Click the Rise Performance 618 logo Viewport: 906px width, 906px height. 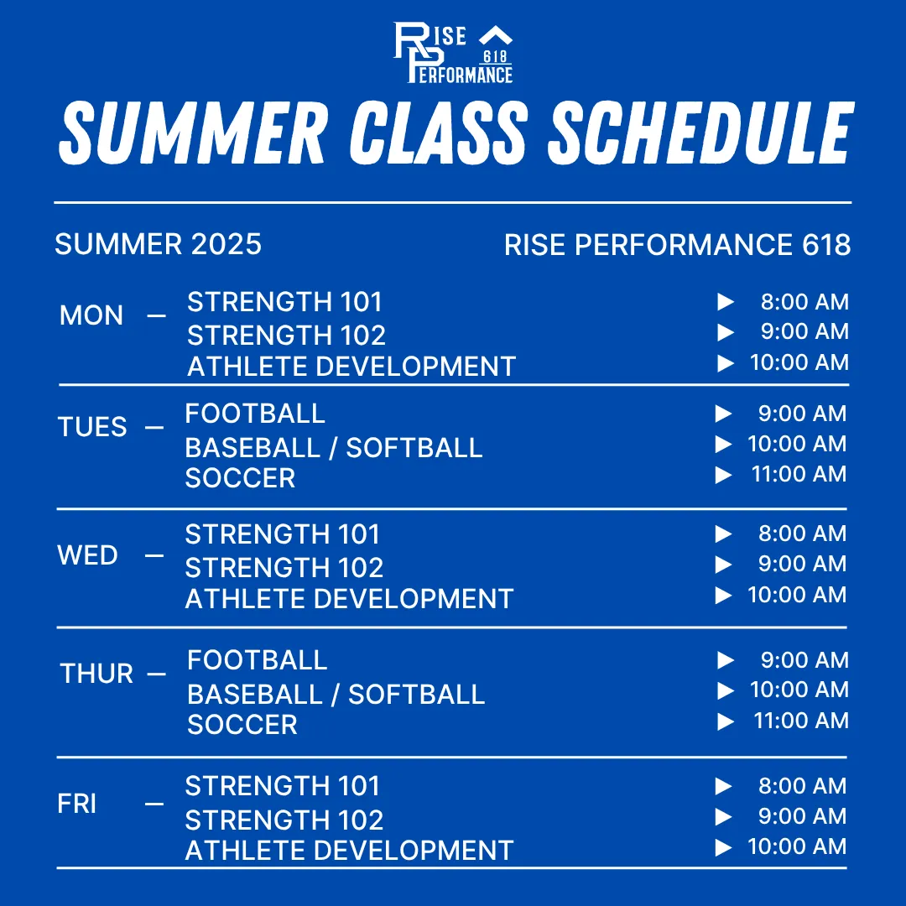click(x=453, y=53)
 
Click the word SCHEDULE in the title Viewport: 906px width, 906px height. click(x=700, y=133)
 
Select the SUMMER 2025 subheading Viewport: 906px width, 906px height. click(x=159, y=244)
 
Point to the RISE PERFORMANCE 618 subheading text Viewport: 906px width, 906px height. click(x=677, y=244)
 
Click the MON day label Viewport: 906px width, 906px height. click(x=91, y=315)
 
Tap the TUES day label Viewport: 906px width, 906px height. click(x=92, y=427)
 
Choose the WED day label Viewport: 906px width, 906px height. click(x=88, y=555)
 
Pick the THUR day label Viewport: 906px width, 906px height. click(x=96, y=674)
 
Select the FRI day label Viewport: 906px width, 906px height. click(x=77, y=804)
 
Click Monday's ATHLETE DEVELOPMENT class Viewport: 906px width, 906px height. click(x=351, y=367)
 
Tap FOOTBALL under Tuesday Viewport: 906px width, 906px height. click(x=255, y=414)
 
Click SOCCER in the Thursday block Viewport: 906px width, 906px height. click(x=242, y=725)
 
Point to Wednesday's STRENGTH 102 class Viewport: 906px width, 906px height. click(x=284, y=568)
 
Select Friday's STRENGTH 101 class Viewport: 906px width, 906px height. click(x=283, y=786)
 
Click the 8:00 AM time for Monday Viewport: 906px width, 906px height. click(x=804, y=302)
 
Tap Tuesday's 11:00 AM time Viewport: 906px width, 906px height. click(x=799, y=474)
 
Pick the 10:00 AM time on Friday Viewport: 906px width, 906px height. click(x=797, y=846)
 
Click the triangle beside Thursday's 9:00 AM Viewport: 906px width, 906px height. click(x=726, y=660)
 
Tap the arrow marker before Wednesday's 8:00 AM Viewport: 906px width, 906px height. click(x=723, y=534)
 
